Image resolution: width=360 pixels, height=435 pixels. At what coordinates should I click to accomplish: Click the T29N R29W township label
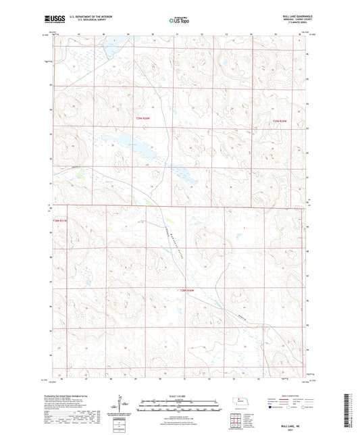280,121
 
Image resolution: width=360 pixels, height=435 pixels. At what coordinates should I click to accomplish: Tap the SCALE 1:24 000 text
180,395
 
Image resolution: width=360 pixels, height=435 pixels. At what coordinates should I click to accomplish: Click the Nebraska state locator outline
241,401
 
